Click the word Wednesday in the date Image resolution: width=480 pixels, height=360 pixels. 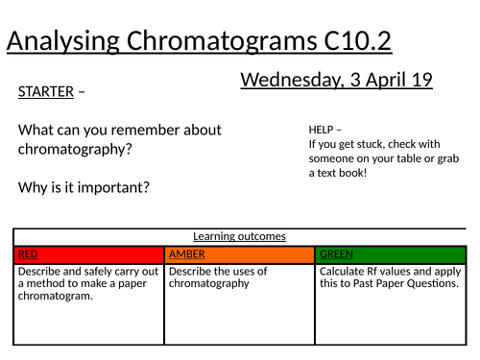point(288,81)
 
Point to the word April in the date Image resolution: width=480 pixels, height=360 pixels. point(381,81)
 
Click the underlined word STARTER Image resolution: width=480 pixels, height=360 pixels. point(45,92)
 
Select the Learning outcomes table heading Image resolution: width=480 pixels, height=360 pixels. point(239,236)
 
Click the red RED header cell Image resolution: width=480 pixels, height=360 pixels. point(88,254)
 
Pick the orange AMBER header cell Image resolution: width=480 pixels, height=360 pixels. point(239,254)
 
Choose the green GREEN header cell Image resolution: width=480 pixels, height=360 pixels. point(390,254)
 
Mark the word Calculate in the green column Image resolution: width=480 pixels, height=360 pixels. point(341,272)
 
